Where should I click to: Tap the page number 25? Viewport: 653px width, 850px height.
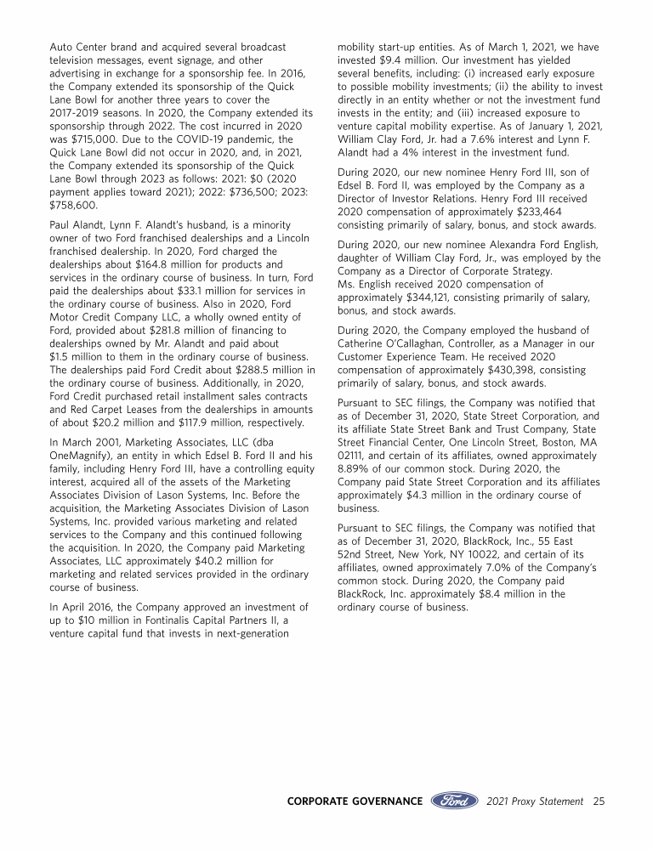click(x=599, y=801)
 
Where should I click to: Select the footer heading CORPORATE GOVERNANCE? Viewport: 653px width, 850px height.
click(x=355, y=801)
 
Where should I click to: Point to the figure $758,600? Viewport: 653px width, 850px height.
click(x=75, y=205)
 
